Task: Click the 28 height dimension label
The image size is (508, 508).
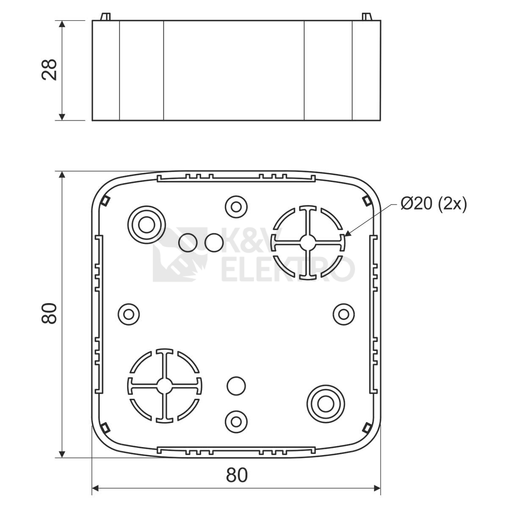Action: [49, 69]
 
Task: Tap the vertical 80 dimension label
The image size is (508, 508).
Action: [49, 313]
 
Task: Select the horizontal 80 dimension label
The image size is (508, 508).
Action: [237, 475]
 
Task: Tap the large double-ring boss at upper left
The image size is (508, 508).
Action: [146, 225]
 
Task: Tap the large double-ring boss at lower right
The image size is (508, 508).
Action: [326, 404]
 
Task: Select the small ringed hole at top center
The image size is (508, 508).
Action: [236, 207]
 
